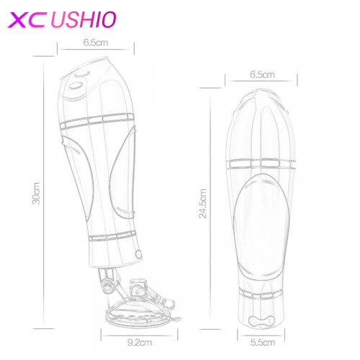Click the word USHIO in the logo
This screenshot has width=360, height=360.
tap(84, 19)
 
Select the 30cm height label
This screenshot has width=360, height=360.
tap(36, 194)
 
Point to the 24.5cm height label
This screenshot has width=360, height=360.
tap(203, 204)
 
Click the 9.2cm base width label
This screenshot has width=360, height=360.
tap(140, 342)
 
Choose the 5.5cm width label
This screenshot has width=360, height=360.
tap(263, 343)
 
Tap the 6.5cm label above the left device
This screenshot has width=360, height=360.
tap(96, 42)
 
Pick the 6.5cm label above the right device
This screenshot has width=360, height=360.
tap(262, 75)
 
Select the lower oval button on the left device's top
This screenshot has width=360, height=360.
tap(76, 86)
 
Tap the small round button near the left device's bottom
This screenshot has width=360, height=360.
tap(139, 254)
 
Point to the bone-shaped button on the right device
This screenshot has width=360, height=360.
tap(261, 320)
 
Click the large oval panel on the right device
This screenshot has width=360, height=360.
tap(261, 225)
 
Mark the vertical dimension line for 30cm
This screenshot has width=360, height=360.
tap(44, 192)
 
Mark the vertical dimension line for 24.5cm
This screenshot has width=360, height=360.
tap(210, 209)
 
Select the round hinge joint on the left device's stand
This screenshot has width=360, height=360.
tap(106, 286)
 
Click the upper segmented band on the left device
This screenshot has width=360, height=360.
tap(97, 121)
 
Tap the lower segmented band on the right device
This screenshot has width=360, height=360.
tap(261, 294)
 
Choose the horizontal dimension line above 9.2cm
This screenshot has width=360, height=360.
tap(140, 336)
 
